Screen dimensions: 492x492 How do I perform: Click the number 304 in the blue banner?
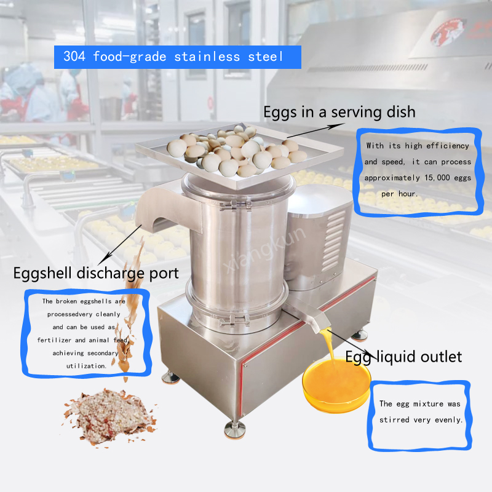click(74, 57)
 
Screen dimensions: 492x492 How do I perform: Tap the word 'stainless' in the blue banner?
click(207, 57)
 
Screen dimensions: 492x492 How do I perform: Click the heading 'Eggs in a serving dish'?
click(339, 112)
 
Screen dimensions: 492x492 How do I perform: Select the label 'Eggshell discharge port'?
click(96, 273)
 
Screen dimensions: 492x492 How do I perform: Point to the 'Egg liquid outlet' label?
click(403, 357)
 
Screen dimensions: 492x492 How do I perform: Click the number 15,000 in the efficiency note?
click(437, 178)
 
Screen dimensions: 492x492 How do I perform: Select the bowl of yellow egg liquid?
click(336, 385)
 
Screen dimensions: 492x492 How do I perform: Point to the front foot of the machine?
click(235, 429)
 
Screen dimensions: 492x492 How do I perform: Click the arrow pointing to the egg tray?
click(315, 130)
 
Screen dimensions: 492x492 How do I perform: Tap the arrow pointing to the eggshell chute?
click(119, 245)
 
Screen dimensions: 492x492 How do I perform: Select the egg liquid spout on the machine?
click(310, 315)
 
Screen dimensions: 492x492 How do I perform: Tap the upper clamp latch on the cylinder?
click(236, 205)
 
